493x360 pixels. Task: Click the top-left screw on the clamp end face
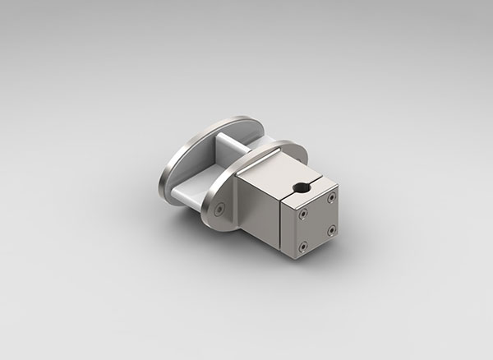coord(302,211)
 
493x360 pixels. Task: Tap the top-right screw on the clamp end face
coord(330,197)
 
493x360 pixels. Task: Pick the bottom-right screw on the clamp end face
coord(332,229)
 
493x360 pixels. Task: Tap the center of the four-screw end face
coord(317,220)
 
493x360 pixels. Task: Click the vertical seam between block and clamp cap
coord(283,222)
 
